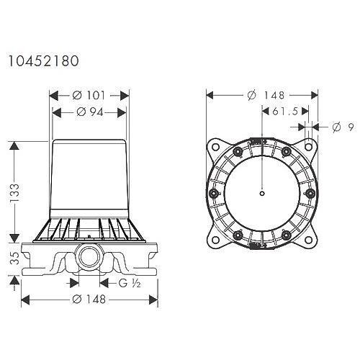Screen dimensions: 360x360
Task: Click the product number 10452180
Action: [42, 62]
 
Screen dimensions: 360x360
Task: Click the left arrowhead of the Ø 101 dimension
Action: [52, 95]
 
